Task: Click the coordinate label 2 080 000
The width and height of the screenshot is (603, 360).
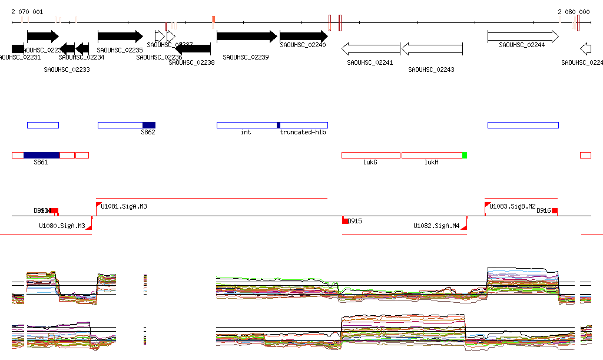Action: (574, 12)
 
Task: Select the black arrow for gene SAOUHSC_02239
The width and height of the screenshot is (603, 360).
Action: (246, 37)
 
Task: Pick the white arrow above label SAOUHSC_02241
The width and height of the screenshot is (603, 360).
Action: (371, 49)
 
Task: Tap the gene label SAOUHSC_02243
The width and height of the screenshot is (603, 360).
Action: (432, 70)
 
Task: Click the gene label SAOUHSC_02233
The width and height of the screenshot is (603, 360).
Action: (67, 70)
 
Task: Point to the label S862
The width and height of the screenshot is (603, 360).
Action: (148, 133)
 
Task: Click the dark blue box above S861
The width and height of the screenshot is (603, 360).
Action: (42, 155)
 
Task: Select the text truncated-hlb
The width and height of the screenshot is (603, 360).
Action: (303, 133)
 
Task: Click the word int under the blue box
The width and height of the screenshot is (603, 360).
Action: (246, 133)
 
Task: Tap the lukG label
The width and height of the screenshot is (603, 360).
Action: (370, 162)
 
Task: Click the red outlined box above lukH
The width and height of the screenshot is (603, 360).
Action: (432, 155)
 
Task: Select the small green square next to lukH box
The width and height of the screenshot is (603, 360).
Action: (465, 155)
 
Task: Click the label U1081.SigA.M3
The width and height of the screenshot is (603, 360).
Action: (124, 206)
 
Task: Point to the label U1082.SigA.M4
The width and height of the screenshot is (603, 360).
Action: (436, 226)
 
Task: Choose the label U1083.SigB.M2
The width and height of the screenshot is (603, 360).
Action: (512, 206)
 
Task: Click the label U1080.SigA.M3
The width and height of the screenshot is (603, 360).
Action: (62, 226)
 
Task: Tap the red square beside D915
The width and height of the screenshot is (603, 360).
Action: (345, 221)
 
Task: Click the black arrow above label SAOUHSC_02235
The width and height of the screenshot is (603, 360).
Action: (120, 37)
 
